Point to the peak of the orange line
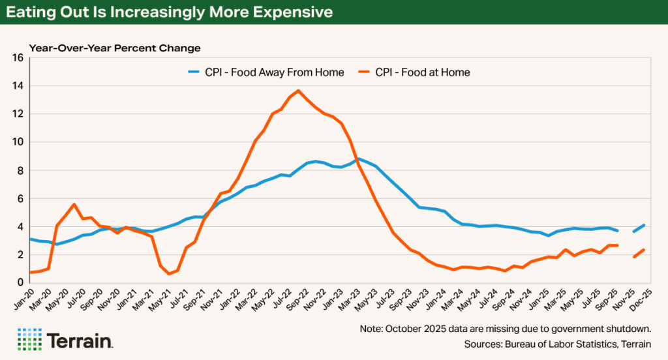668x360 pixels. click(x=298, y=91)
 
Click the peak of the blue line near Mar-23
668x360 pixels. click(x=358, y=158)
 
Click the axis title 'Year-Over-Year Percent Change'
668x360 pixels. click(x=114, y=48)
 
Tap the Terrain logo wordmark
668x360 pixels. click(x=80, y=340)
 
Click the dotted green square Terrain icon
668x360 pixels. click(x=29, y=339)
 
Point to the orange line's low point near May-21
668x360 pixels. click(x=169, y=273)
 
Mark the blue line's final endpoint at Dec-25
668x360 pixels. click(x=645, y=225)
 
